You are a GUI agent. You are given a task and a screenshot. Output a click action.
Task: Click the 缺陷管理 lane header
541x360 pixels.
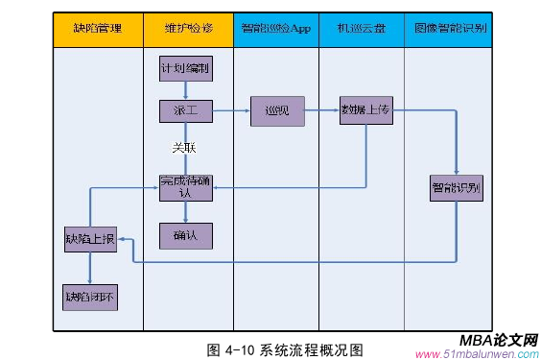(97, 29)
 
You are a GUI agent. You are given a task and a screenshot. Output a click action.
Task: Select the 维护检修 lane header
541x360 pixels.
(188, 29)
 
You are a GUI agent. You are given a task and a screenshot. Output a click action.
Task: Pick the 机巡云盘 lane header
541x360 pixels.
(361, 29)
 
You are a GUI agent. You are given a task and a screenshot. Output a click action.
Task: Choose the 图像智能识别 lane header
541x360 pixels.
(451, 29)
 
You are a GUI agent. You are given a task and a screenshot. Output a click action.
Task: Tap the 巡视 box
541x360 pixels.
(277, 111)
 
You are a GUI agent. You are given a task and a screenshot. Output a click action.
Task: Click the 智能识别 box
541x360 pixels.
(457, 187)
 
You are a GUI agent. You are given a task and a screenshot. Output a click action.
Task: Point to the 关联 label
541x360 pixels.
(184, 148)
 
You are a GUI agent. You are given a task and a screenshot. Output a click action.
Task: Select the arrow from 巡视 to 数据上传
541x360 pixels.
(321, 111)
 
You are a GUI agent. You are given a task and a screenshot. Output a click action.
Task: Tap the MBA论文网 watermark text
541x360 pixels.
(499, 341)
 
